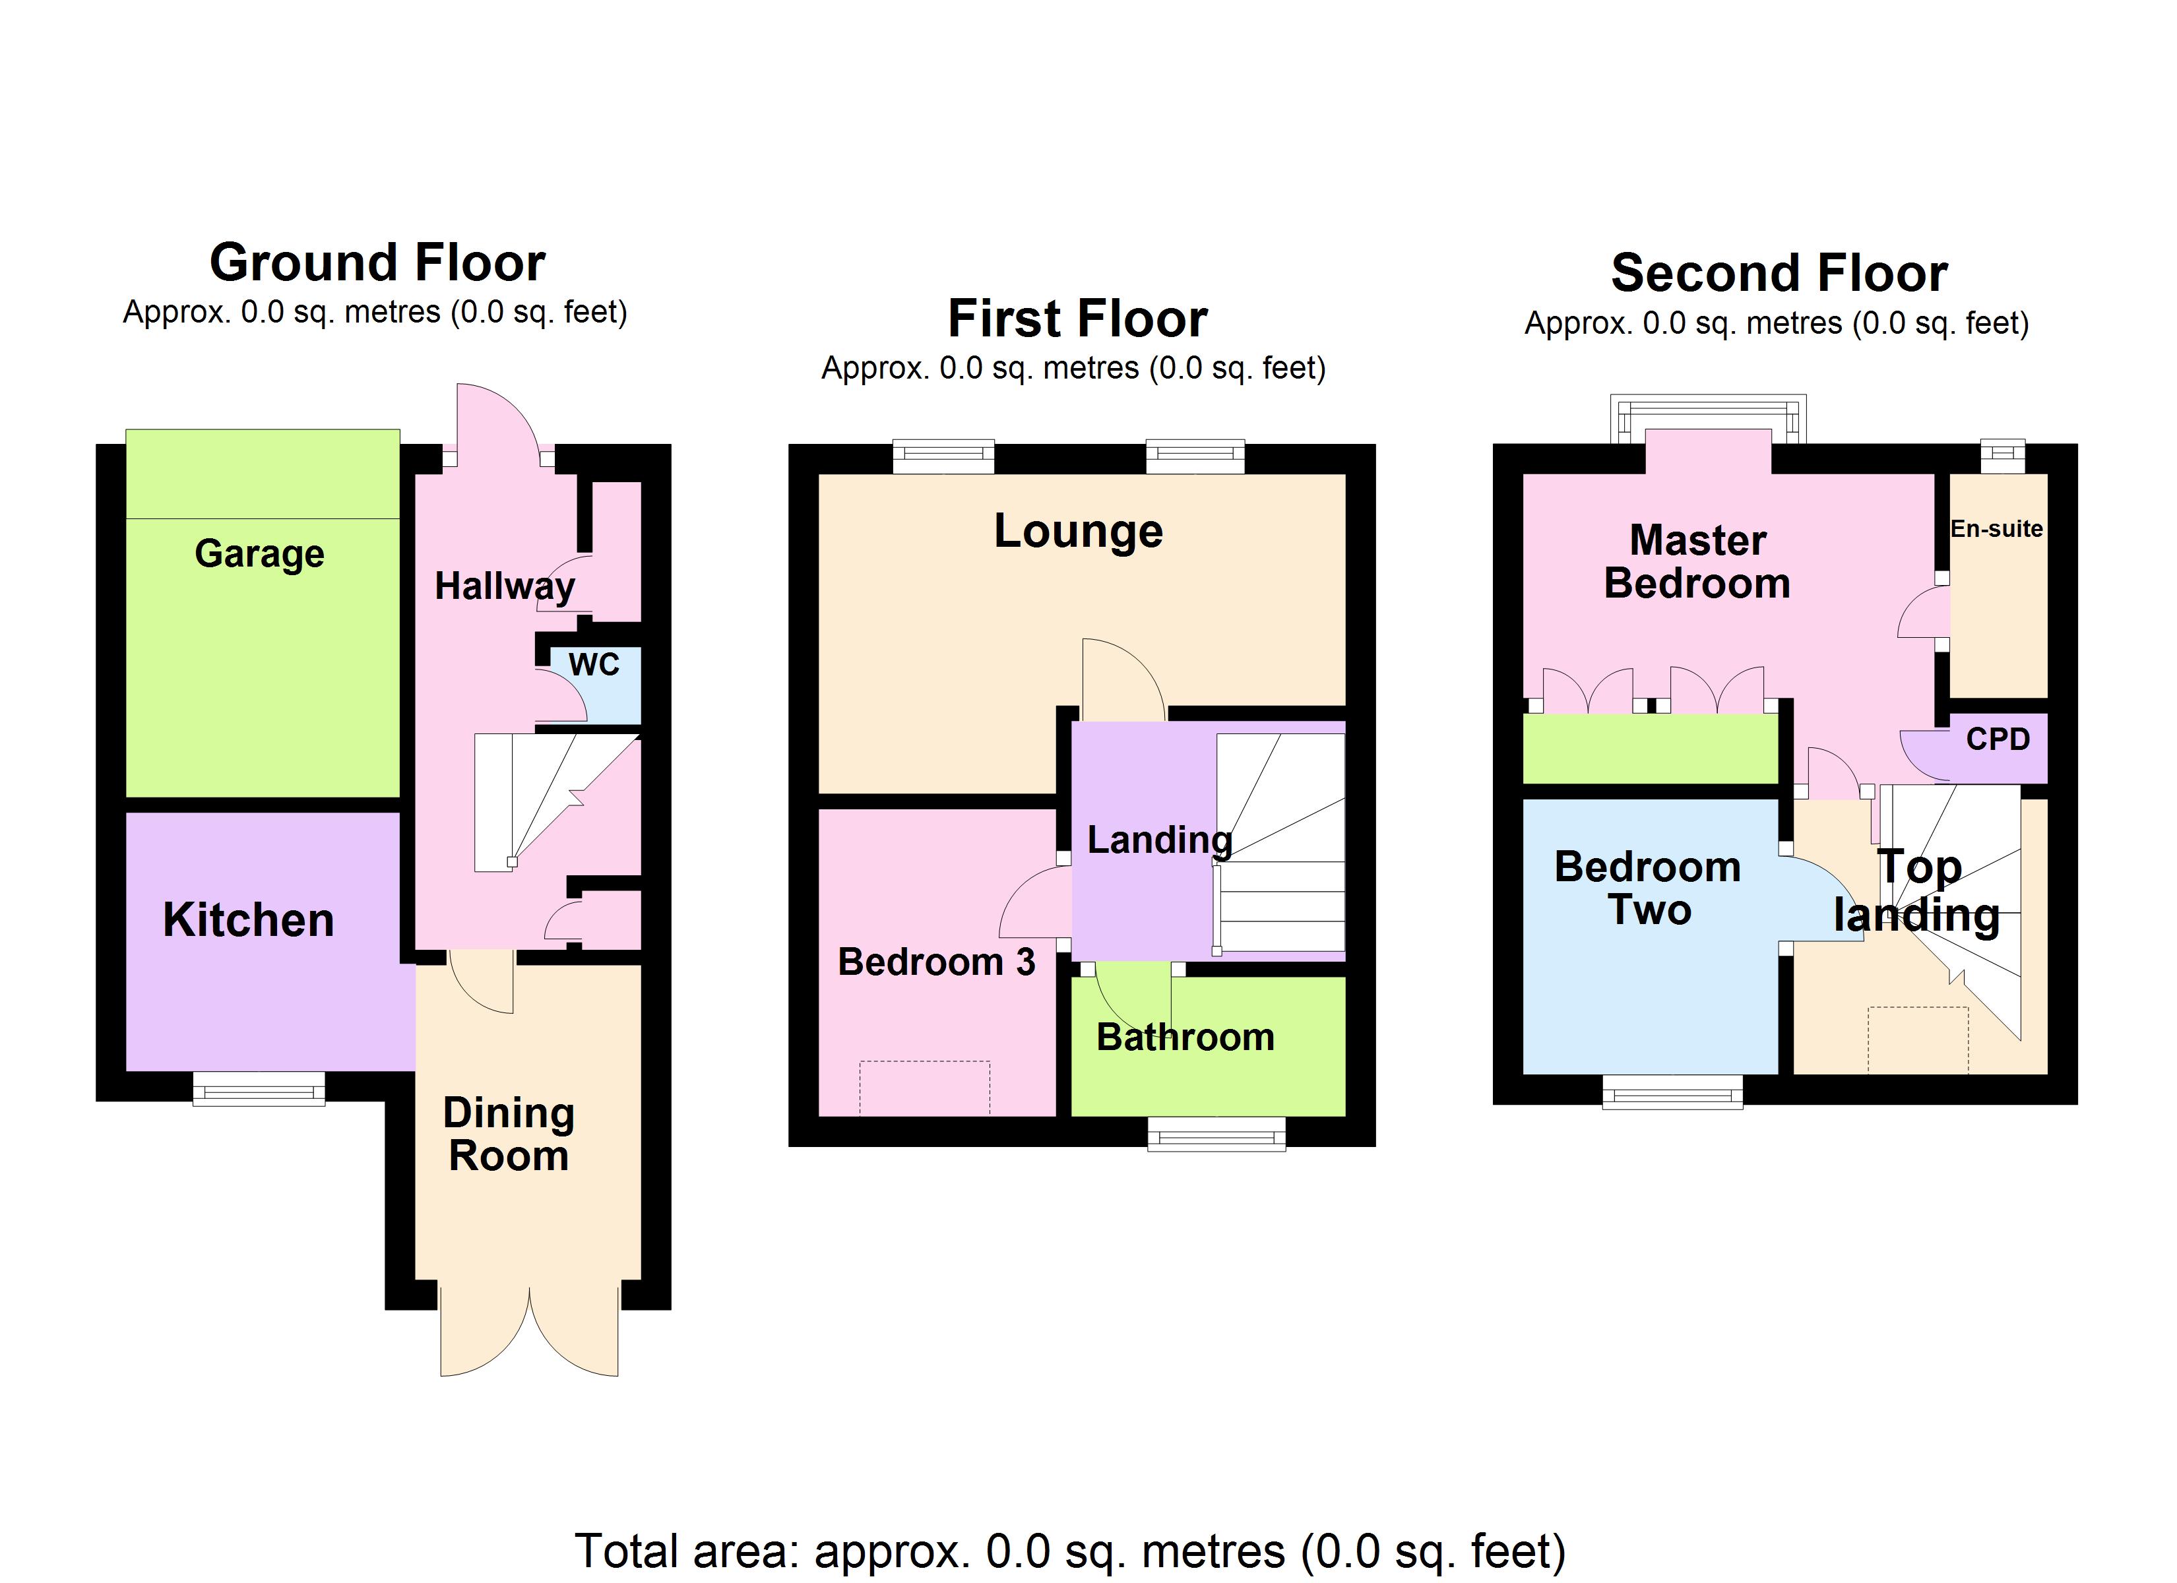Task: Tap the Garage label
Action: [x=259, y=554]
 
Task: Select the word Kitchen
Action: [x=249, y=919]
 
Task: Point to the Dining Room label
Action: [x=509, y=1134]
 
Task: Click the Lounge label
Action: [x=1078, y=531]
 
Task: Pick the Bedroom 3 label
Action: [x=936, y=961]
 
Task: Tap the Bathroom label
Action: [x=1185, y=1037]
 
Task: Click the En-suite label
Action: [x=1996, y=529]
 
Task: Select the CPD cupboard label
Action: [x=1998, y=739]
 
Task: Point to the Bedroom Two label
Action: [x=1647, y=888]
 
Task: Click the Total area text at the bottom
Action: [x=1069, y=1551]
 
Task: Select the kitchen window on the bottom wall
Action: [x=259, y=1090]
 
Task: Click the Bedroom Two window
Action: [x=1672, y=1092]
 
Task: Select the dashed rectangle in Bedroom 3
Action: [x=924, y=1088]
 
